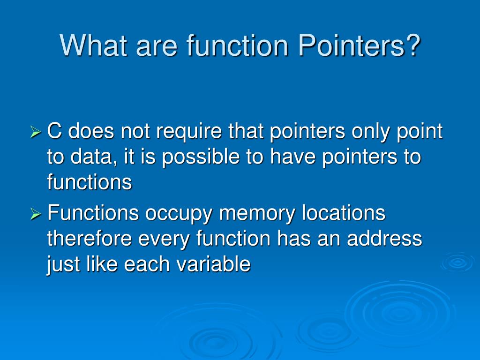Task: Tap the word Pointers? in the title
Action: [x=359, y=45]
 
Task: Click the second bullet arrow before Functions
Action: [x=36, y=215]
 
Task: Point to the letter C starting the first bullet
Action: [x=55, y=132]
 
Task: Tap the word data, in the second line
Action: [x=94, y=157]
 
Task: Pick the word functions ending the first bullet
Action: [x=89, y=182]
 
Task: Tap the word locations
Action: [x=343, y=214]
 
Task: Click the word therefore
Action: [x=90, y=239]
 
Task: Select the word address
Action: [x=384, y=239]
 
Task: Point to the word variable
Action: [x=213, y=264]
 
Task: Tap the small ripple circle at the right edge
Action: [x=457, y=262]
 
